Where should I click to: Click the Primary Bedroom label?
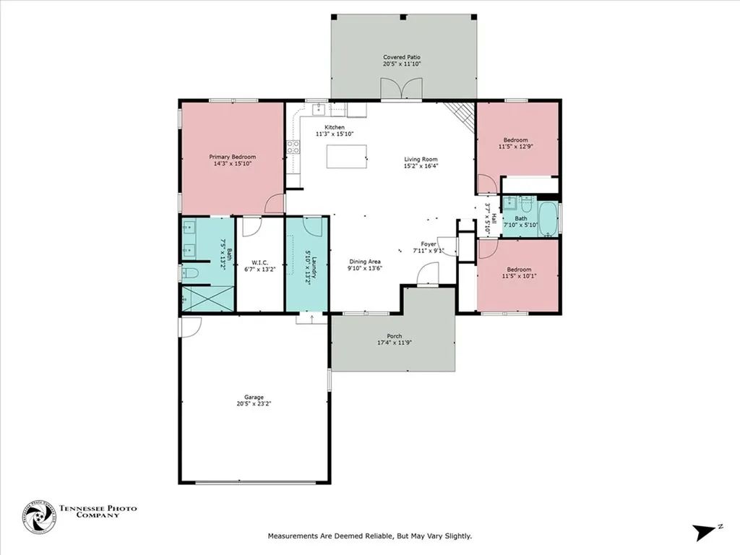pos(233,156)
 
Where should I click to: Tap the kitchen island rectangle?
pos(346,156)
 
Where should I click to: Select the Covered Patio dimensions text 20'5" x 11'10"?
pos(402,64)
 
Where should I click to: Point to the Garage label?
pos(253,397)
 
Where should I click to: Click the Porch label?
pos(394,335)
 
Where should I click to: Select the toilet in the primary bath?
pos(191,272)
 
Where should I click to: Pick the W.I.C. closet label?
pos(260,262)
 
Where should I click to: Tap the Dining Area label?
pos(365,262)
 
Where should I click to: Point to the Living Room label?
pos(421,160)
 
